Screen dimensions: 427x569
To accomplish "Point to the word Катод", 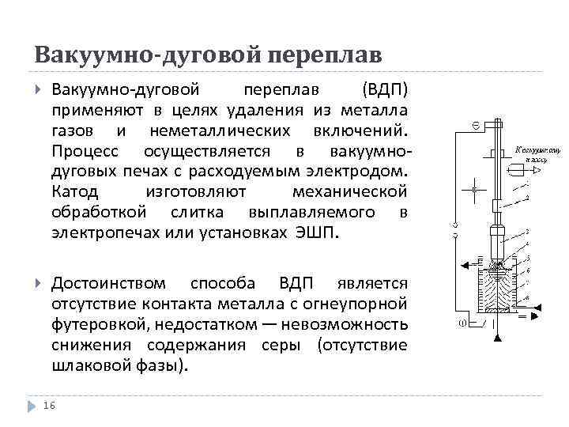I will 75,191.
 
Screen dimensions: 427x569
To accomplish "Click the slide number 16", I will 50,405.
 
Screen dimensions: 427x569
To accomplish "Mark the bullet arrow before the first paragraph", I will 38,87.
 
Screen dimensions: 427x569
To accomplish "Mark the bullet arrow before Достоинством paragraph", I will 38,283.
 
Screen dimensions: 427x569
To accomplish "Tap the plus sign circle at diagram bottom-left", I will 461,322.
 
